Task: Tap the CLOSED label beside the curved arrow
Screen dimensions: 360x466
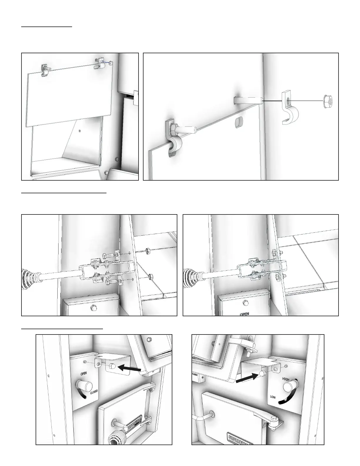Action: click(x=94, y=392)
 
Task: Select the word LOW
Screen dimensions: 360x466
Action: click(x=273, y=397)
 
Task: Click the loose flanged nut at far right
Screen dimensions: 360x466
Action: click(x=327, y=101)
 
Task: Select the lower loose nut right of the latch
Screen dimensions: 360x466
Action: click(x=150, y=277)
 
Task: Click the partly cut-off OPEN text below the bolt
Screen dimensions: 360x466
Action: click(x=244, y=314)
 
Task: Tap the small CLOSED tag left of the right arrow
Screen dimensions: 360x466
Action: click(x=195, y=375)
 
